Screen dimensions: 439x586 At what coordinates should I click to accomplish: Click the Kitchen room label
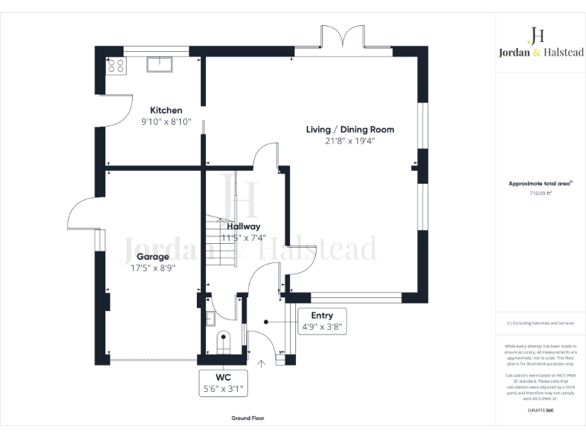[166, 111]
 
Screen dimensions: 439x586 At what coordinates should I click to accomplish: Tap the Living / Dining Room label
[349, 130]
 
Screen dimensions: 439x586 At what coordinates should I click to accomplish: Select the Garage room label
[153, 257]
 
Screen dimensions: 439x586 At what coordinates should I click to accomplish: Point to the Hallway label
[243, 226]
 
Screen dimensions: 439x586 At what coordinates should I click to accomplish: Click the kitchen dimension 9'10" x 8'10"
[166, 122]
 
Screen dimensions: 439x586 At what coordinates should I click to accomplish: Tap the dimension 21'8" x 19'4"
[349, 141]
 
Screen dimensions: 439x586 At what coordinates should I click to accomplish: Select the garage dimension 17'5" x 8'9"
[153, 268]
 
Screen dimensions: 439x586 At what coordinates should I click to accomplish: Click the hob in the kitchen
[117, 66]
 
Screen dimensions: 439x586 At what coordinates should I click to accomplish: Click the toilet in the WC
[223, 340]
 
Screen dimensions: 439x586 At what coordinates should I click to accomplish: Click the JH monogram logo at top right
[537, 34]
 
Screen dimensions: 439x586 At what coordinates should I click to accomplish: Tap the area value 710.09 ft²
[540, 194]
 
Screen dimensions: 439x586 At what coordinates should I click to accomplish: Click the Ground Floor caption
[248, 418]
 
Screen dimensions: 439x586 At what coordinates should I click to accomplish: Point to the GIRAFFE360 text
[540, 411]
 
